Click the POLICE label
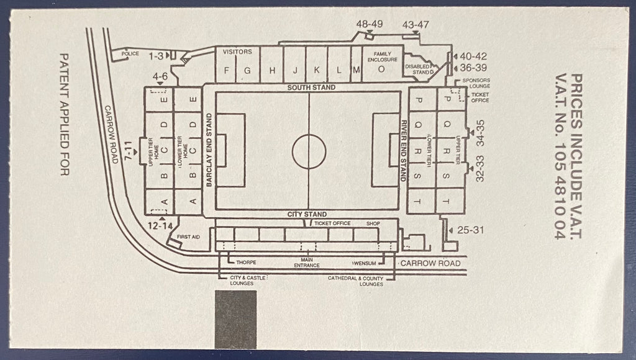130,53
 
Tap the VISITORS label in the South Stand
237,52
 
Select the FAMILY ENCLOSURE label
383,56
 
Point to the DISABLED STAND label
419,70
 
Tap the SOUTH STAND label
312,88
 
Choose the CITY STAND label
307,214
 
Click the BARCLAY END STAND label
209,150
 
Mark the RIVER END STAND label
404,150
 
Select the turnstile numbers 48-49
370,24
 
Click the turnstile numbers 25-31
471,230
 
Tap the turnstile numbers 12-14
160,226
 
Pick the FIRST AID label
188,236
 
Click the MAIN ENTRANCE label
307,263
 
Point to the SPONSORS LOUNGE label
476,83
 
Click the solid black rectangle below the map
235,320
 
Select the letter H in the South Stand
273,71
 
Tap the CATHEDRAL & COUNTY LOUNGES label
356,281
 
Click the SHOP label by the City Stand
373,223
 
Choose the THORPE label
246,263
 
